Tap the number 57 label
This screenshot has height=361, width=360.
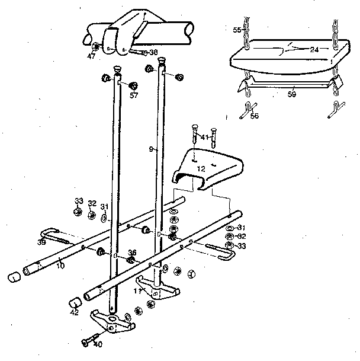[134, 95]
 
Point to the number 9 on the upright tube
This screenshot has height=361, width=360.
[152, 151]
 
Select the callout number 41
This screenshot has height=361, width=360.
[204, 138]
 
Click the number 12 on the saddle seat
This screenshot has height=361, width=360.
[201, 169]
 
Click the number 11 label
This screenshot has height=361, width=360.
[137, 290]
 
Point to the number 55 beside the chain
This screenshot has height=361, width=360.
[237, 29]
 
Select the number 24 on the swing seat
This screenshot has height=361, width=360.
[314, 49]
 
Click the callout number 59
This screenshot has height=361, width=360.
[291, 92]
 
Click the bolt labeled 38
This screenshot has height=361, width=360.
[138, 52]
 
